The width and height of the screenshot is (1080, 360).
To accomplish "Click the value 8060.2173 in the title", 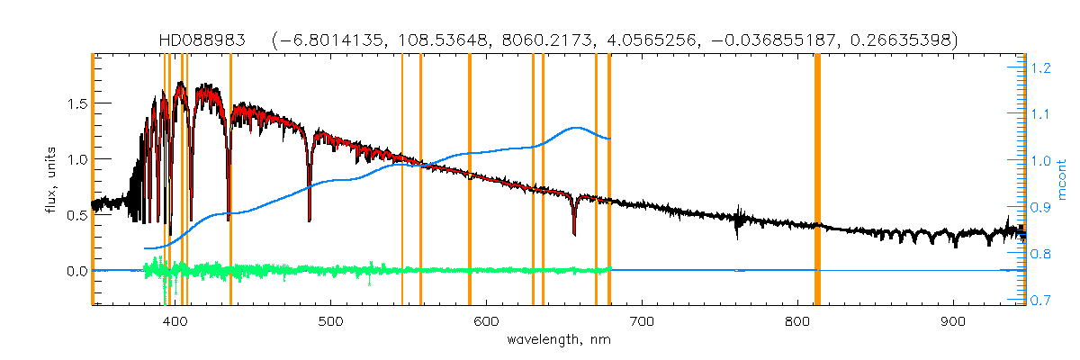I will [x=553, y=40].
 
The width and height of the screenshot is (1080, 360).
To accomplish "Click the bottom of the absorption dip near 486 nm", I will [x=310, y=220].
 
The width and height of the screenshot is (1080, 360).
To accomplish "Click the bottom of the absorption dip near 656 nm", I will [x=574, y=234].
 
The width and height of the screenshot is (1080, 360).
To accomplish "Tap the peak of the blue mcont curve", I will [x=575, y=128].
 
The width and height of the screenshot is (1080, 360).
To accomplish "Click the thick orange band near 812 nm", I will [x=817, y=180].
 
